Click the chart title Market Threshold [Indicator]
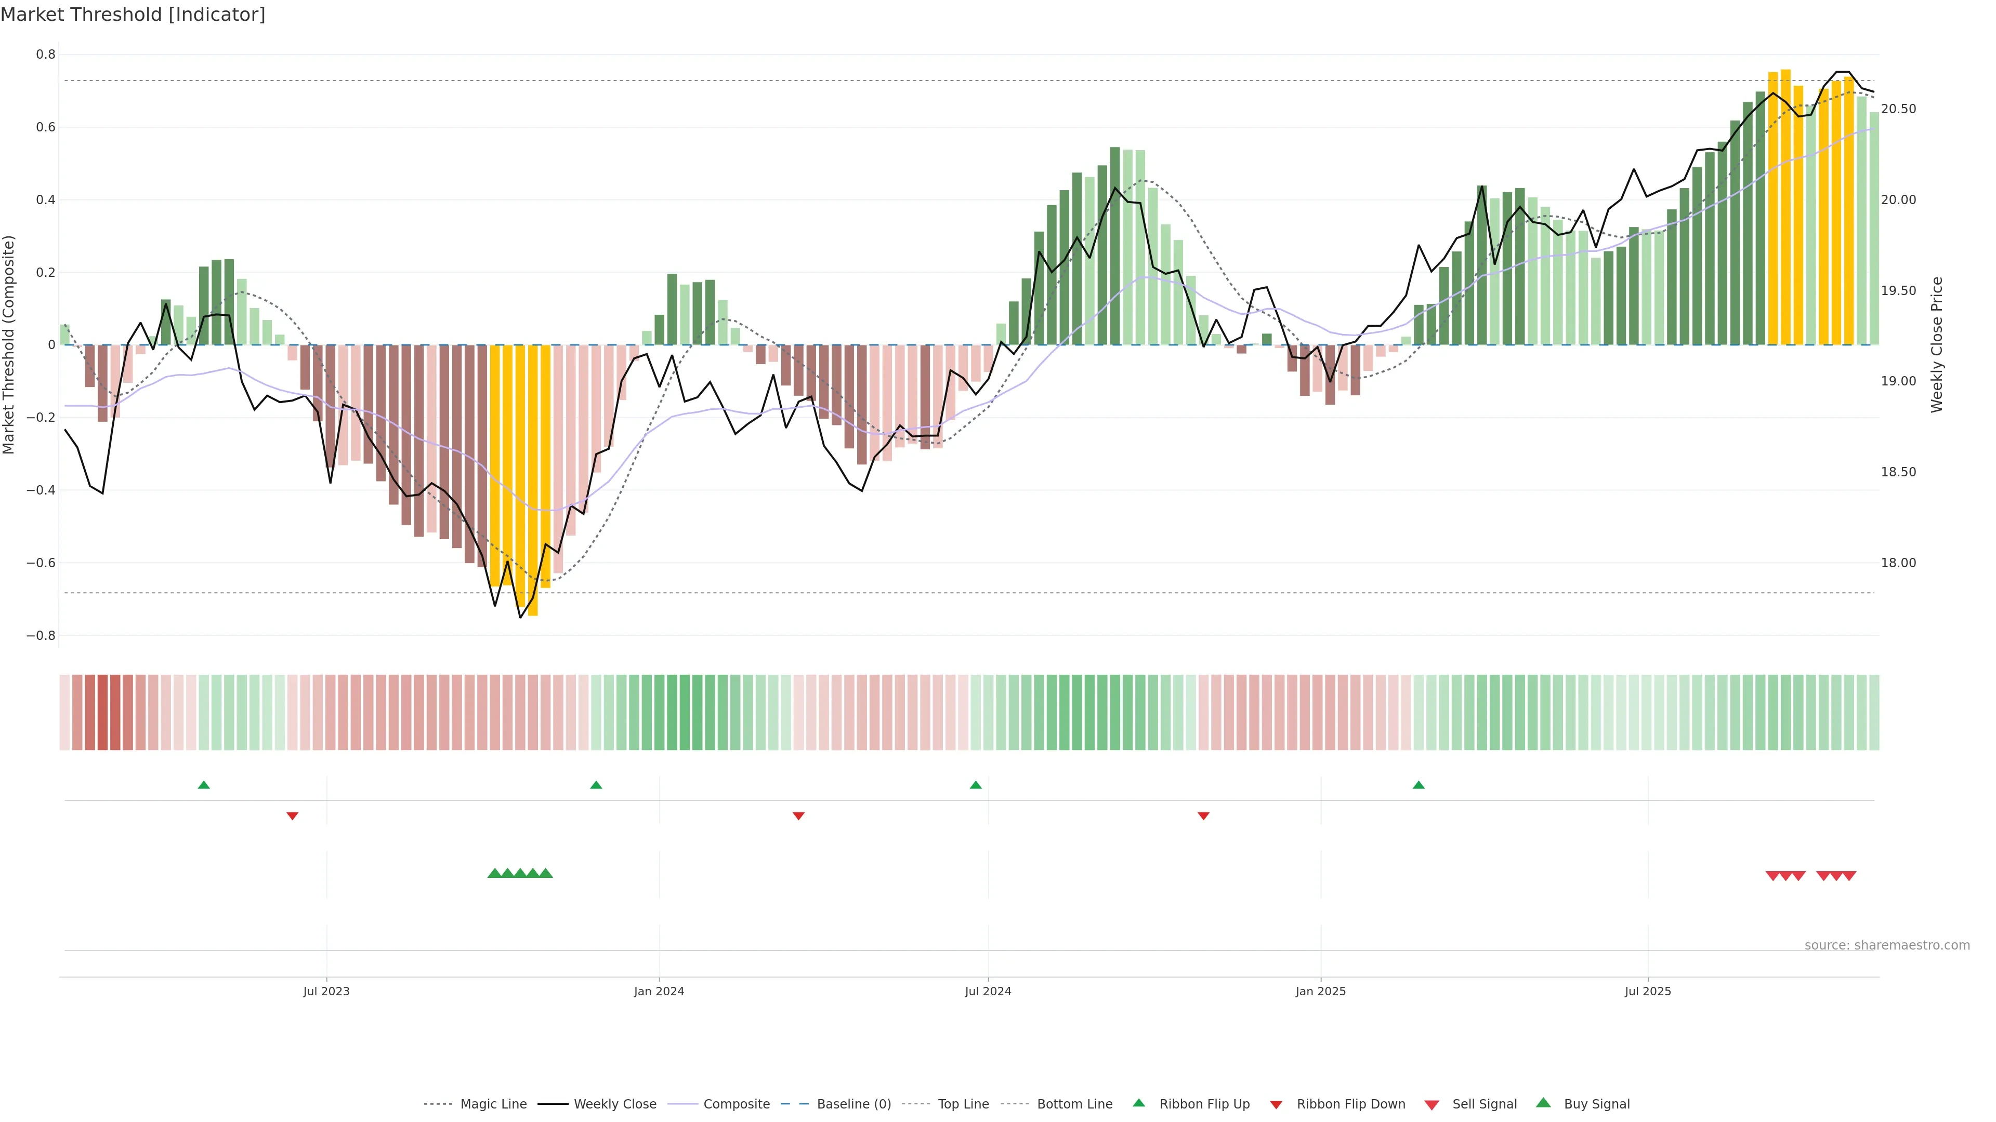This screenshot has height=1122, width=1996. [133, 15]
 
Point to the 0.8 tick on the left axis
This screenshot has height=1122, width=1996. [46, 54]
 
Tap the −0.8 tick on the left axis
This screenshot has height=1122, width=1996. [41, 636]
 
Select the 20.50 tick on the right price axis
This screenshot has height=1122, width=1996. [1898, 109]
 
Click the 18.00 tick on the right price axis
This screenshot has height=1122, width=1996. [1898, 563]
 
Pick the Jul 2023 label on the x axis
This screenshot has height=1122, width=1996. [326, 991]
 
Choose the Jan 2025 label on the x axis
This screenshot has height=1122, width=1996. [1320, 991]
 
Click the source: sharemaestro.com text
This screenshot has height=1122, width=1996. [1887, 945]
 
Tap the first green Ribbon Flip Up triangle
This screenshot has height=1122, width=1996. [204, 785]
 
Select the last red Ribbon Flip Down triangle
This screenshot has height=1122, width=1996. [1203, 816]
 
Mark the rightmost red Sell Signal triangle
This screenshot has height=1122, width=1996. [1849, 876]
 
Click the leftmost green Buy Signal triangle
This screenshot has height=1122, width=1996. [494, 873]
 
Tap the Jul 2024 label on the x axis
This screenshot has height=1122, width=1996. [988, 991]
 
